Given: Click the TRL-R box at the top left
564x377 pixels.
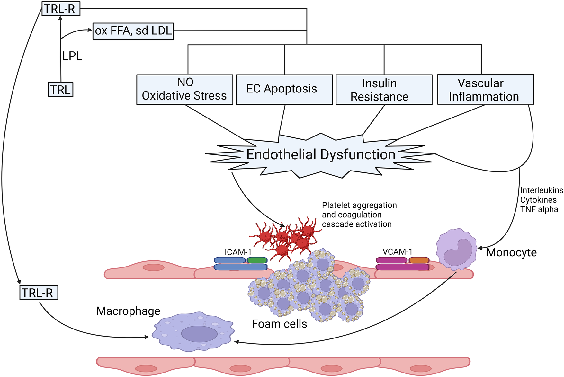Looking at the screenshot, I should (60, 9).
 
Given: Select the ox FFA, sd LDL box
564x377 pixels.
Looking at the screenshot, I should (133, 31).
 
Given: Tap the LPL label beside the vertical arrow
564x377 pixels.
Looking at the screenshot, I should (72, 56).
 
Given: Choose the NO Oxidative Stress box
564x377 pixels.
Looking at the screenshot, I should (185, 90).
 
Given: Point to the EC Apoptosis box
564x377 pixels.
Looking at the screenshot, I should (284, 90).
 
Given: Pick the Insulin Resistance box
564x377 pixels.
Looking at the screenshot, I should (384, 90).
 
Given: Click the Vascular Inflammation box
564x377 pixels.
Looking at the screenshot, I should (485, 90).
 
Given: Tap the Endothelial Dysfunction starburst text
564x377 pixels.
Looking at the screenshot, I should (321, 155).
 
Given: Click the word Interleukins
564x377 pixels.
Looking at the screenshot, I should (542, 190).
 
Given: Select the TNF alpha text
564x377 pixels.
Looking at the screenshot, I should (539, 210).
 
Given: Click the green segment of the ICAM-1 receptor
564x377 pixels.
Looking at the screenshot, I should (257, 260).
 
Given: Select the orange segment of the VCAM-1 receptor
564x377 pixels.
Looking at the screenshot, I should (419, 260).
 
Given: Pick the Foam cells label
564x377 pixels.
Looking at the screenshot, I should (279, 324).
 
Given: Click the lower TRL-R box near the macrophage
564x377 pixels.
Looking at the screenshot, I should (39, 293).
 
